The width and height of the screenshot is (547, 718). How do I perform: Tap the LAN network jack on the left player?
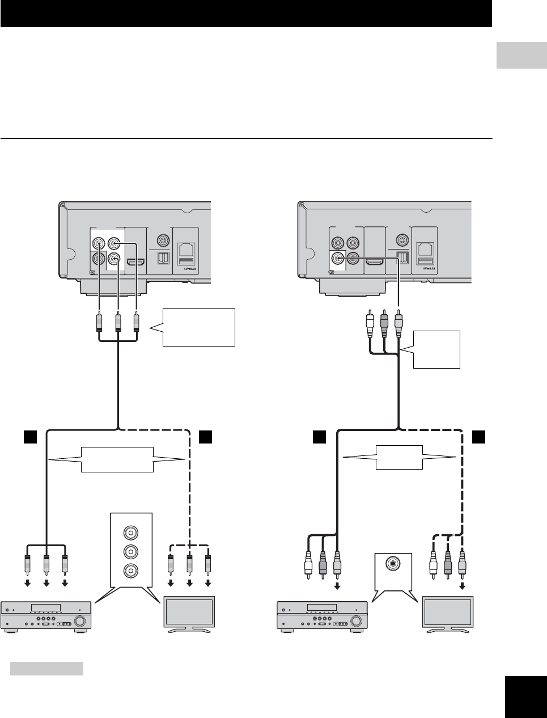click(x=186, y=248)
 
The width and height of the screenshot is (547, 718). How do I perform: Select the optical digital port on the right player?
click(x=403, y=257)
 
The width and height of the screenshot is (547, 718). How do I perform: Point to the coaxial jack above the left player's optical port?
click(x=164, y=240)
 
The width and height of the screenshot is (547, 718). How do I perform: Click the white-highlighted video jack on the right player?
click(x=339, y=258)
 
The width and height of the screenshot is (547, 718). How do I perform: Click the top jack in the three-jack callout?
click(x=132, y=532)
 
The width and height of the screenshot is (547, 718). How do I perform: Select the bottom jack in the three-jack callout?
click(x=132, y=570)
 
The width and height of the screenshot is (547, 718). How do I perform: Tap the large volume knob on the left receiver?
click(x=80, y=622)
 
